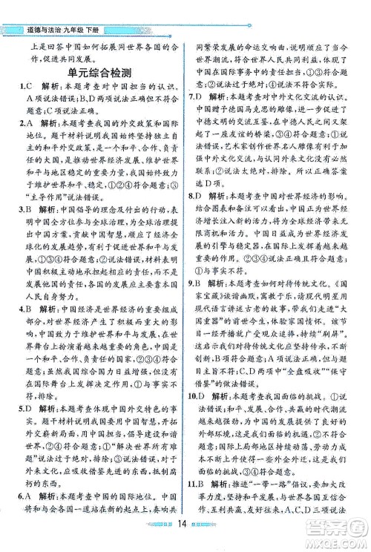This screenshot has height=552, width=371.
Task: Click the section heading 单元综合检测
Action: [x=99, y=73]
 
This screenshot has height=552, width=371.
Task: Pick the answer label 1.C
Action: [x=25, y=88]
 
